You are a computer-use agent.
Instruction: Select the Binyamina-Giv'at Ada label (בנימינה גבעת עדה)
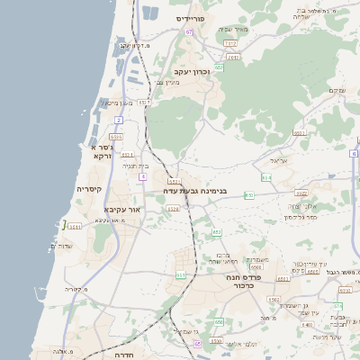(x=195, y=192)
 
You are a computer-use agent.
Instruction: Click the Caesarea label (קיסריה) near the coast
(x=89, y=189)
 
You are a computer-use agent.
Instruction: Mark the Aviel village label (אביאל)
(x=277, y=160)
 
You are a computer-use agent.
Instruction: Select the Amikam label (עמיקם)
(x=337, y=89)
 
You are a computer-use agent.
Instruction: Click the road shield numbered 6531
(x=75, y=227)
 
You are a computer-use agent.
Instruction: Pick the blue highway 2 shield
(x=119, y=119)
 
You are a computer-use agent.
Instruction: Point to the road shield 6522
(x=301, y=193)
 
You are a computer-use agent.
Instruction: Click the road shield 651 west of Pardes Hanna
(x=181, y=275)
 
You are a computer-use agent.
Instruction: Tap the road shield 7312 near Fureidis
(x=230, y=42)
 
